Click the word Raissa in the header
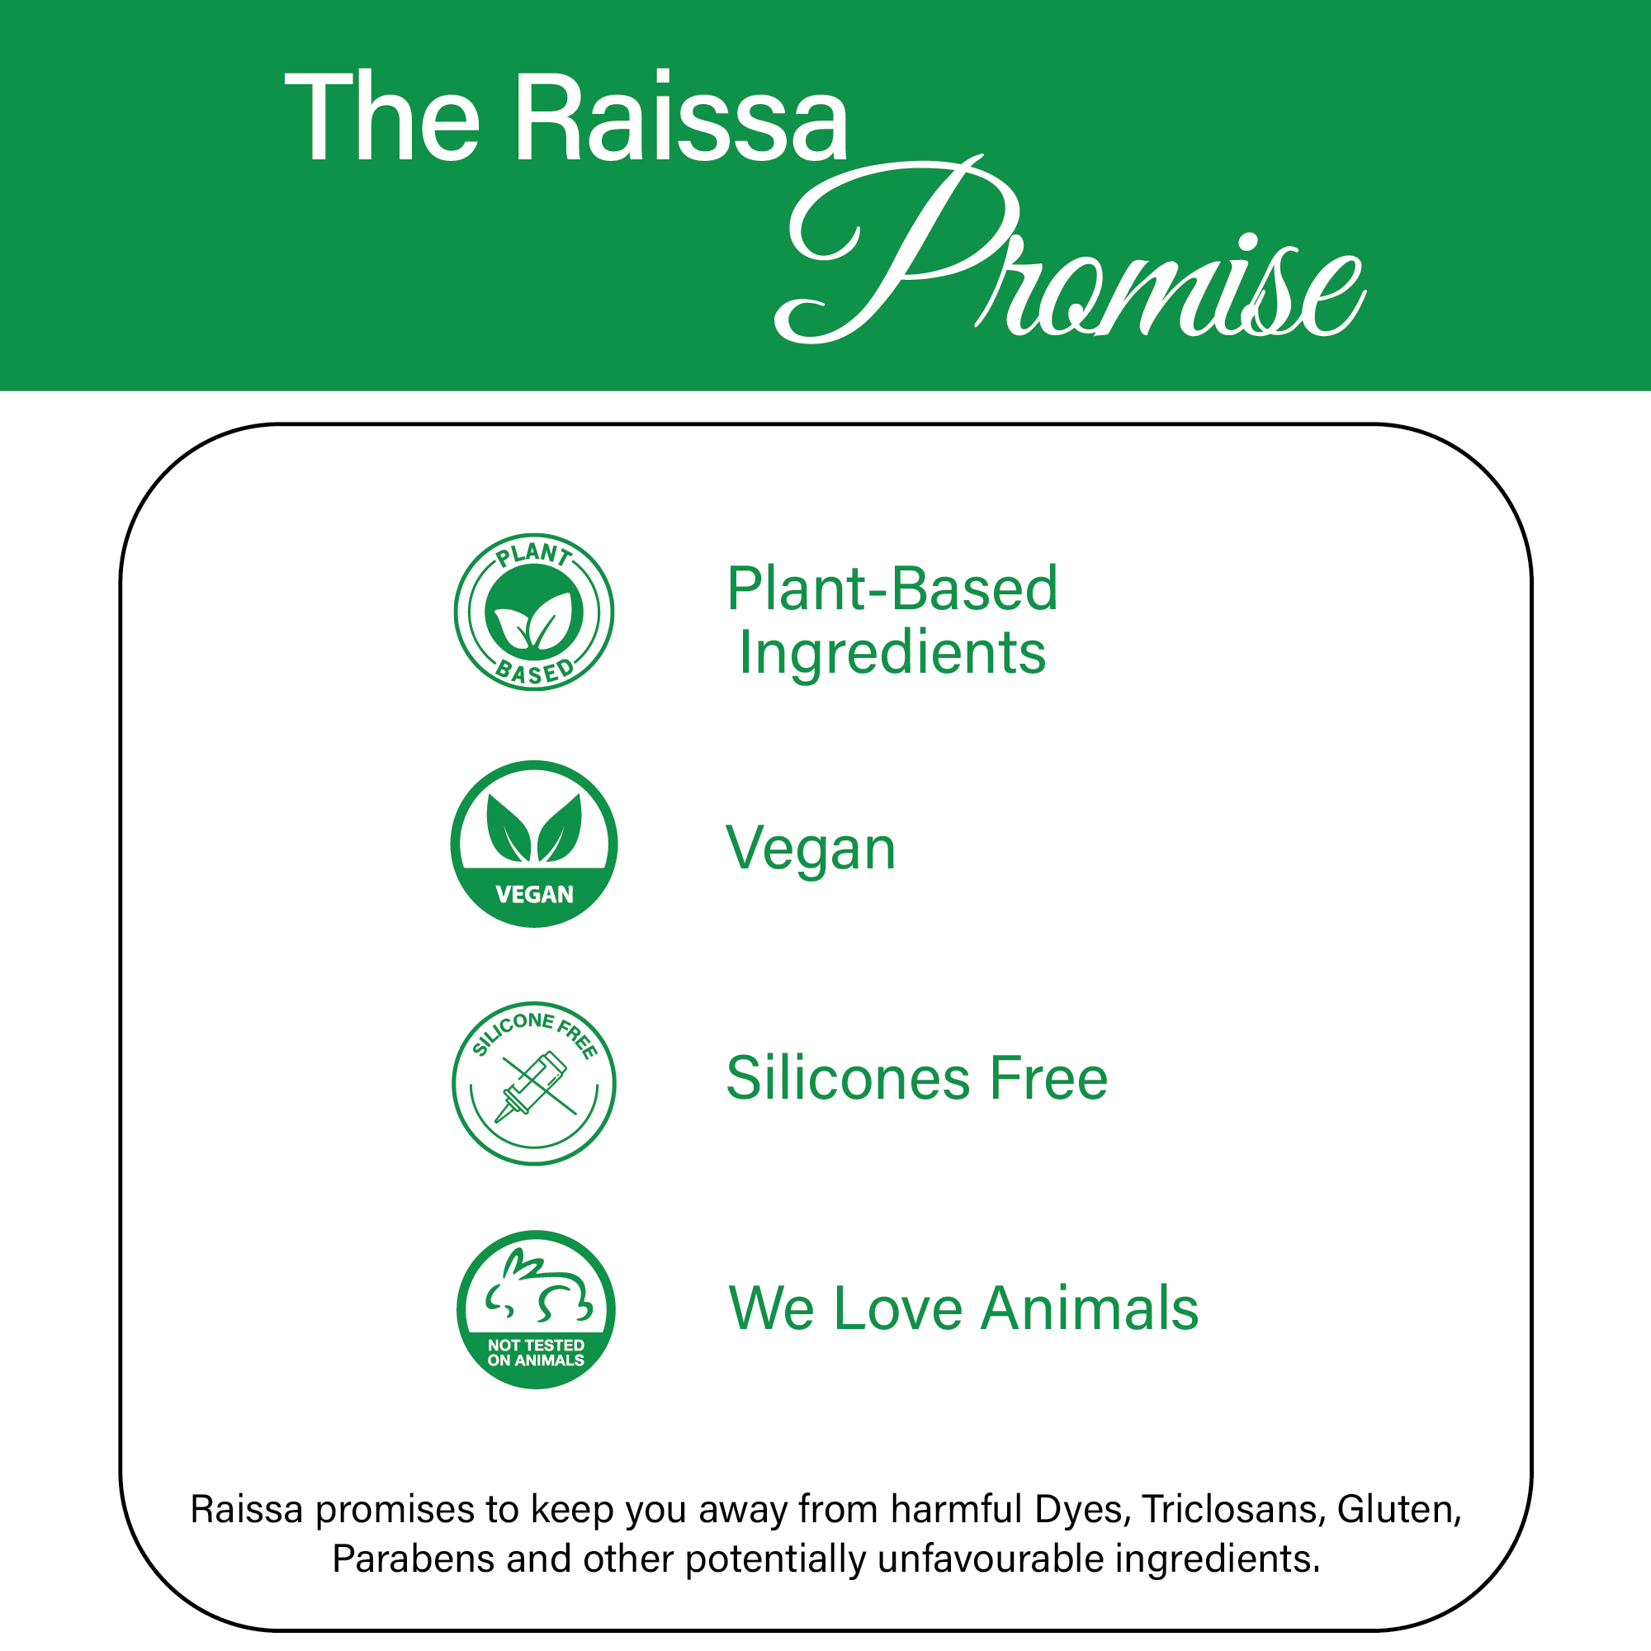pos(681,117)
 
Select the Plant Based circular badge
pos(534,613)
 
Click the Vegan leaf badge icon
pos(534,844)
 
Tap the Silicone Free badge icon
pos(534,1084)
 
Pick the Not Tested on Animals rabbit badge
pos(536,1310)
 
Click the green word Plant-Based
pos(892,589)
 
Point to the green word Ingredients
pos(892,654)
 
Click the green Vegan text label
pos(810,850)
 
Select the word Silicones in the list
pos(848,1077)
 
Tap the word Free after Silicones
pos(1048,1077)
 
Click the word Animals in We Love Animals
pos(1090,1308)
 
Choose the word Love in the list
pos(898,1308)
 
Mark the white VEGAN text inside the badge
pos(534,895)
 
